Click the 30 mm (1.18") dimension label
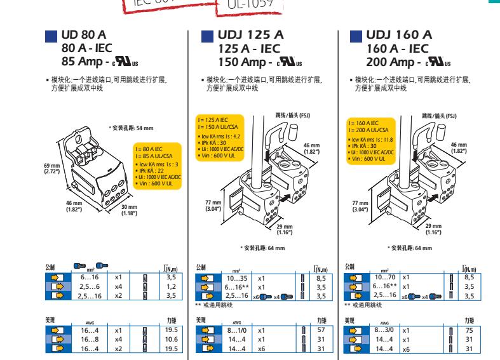coord(130,210)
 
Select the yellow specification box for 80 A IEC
coord(156,163)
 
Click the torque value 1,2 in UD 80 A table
coord(170,286)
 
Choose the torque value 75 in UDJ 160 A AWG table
coord(469,330)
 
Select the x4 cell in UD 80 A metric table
coord(118,286)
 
